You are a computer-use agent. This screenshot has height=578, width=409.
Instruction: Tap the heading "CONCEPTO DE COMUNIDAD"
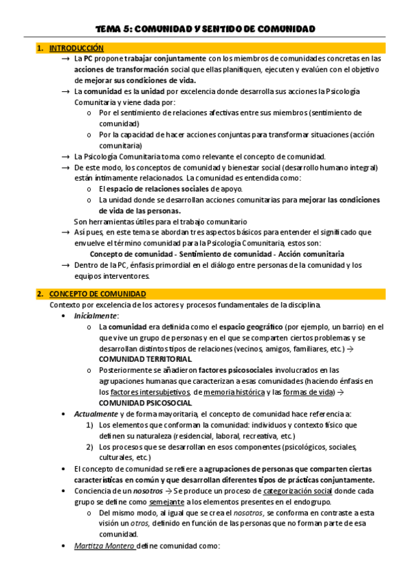(x=91, y=294)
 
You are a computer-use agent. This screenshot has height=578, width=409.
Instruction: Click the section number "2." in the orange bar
(x=41, y=294)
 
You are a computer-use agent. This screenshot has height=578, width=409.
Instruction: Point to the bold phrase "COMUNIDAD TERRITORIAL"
(x=145, y=359)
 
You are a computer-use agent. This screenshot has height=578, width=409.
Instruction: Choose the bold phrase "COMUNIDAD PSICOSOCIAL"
(x=144, y=403)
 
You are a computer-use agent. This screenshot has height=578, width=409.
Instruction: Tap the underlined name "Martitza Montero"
(x=104, y=546)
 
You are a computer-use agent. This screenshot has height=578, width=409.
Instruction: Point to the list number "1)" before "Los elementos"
(x=93, y=425)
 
